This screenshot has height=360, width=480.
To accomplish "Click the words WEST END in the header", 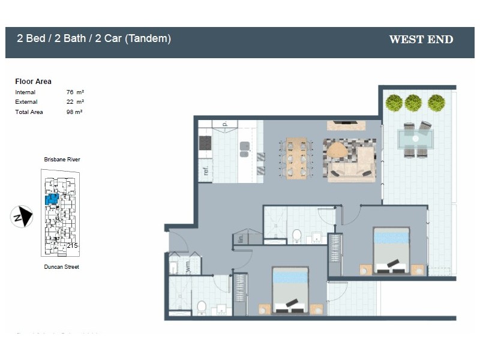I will [421, 40].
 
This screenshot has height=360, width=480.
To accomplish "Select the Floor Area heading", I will [33, 82].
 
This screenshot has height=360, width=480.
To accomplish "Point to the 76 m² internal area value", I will [75, 92].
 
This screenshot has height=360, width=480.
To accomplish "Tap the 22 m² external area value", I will [75, 102].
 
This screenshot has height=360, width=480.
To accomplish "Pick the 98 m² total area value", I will [75, 112].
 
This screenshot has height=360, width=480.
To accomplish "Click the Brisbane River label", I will [62, 160].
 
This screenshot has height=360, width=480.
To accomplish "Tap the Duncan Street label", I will [61, 267].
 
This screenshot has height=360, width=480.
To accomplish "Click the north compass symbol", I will [22, 217].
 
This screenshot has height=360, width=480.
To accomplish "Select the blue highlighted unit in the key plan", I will [52, 199].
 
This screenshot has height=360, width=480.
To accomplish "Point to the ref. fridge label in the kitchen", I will [205, 170].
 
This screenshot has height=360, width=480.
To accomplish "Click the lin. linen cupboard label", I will [240, 239].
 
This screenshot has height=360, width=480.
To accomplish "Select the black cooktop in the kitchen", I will [205, 143].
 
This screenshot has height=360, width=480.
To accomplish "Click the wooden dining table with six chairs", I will [296, 158].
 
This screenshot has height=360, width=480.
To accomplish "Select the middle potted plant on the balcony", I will [413, 103].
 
